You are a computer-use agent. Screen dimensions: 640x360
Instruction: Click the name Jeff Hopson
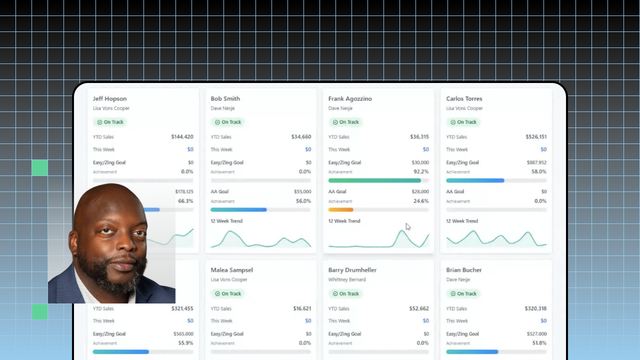[109, 99]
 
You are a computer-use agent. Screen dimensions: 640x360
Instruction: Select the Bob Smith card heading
[225, 98]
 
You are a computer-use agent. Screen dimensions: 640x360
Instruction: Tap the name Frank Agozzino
[350, 99]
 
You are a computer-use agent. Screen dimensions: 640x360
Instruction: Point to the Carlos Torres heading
[464, 98]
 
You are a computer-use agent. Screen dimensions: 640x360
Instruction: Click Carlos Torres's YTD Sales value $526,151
[536, 137]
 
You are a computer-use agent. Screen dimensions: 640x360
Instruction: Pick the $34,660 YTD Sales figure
[301, 137]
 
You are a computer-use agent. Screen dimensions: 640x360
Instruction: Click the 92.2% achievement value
[421, 171]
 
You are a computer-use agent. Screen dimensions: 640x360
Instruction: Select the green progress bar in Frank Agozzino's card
[374, 180]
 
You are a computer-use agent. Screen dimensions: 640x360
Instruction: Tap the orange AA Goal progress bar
[341, 209]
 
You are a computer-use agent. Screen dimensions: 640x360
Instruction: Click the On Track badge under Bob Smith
[227, 122]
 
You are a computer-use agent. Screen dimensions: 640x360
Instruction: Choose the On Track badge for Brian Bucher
[463, 293]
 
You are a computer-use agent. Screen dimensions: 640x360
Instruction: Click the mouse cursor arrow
[407, 227]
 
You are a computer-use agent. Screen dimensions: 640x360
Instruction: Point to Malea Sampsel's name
[231, 270]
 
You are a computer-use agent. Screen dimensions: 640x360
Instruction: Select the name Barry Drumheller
[352, 270]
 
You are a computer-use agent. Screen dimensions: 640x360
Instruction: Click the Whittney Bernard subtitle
[347, 279]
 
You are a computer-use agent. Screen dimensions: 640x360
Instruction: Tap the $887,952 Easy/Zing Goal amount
[536, 162]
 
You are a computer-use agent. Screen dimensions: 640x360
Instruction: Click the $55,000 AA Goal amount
[302, 191]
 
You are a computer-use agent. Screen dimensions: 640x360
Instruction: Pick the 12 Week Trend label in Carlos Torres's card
[462, 221]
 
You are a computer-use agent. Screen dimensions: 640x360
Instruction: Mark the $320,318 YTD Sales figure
[535, 308]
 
